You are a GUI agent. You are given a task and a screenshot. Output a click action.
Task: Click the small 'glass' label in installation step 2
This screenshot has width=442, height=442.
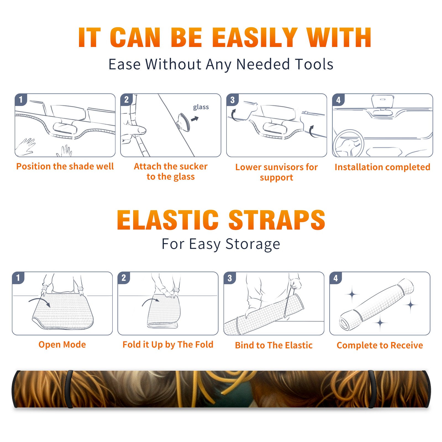point(201,107)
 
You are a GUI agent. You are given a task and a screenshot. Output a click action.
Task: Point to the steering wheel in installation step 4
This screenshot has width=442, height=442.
point(348,143)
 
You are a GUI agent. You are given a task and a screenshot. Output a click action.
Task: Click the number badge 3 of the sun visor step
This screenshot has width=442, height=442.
point(232,100)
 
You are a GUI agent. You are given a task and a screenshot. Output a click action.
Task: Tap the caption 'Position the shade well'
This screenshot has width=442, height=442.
point(65,166)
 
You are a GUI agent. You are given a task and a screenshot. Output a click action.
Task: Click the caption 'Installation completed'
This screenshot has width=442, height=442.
point(382,167)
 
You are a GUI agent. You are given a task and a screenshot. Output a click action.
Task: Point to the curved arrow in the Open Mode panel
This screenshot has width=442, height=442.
point(40,302)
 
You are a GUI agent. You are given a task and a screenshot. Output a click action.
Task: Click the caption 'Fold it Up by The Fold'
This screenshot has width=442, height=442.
point(168,344)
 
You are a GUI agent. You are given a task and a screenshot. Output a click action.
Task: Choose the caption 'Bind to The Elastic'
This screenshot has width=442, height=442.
point(274,345)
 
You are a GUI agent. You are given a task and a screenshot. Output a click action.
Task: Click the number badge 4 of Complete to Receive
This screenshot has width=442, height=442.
point(336,278)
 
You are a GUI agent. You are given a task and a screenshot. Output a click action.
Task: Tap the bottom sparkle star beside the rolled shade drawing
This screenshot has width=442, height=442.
point(380,322)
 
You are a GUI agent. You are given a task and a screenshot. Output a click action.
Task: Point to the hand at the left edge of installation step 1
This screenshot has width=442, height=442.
point(25,147)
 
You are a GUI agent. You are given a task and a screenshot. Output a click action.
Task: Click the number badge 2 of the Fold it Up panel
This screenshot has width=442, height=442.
point(123,278)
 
